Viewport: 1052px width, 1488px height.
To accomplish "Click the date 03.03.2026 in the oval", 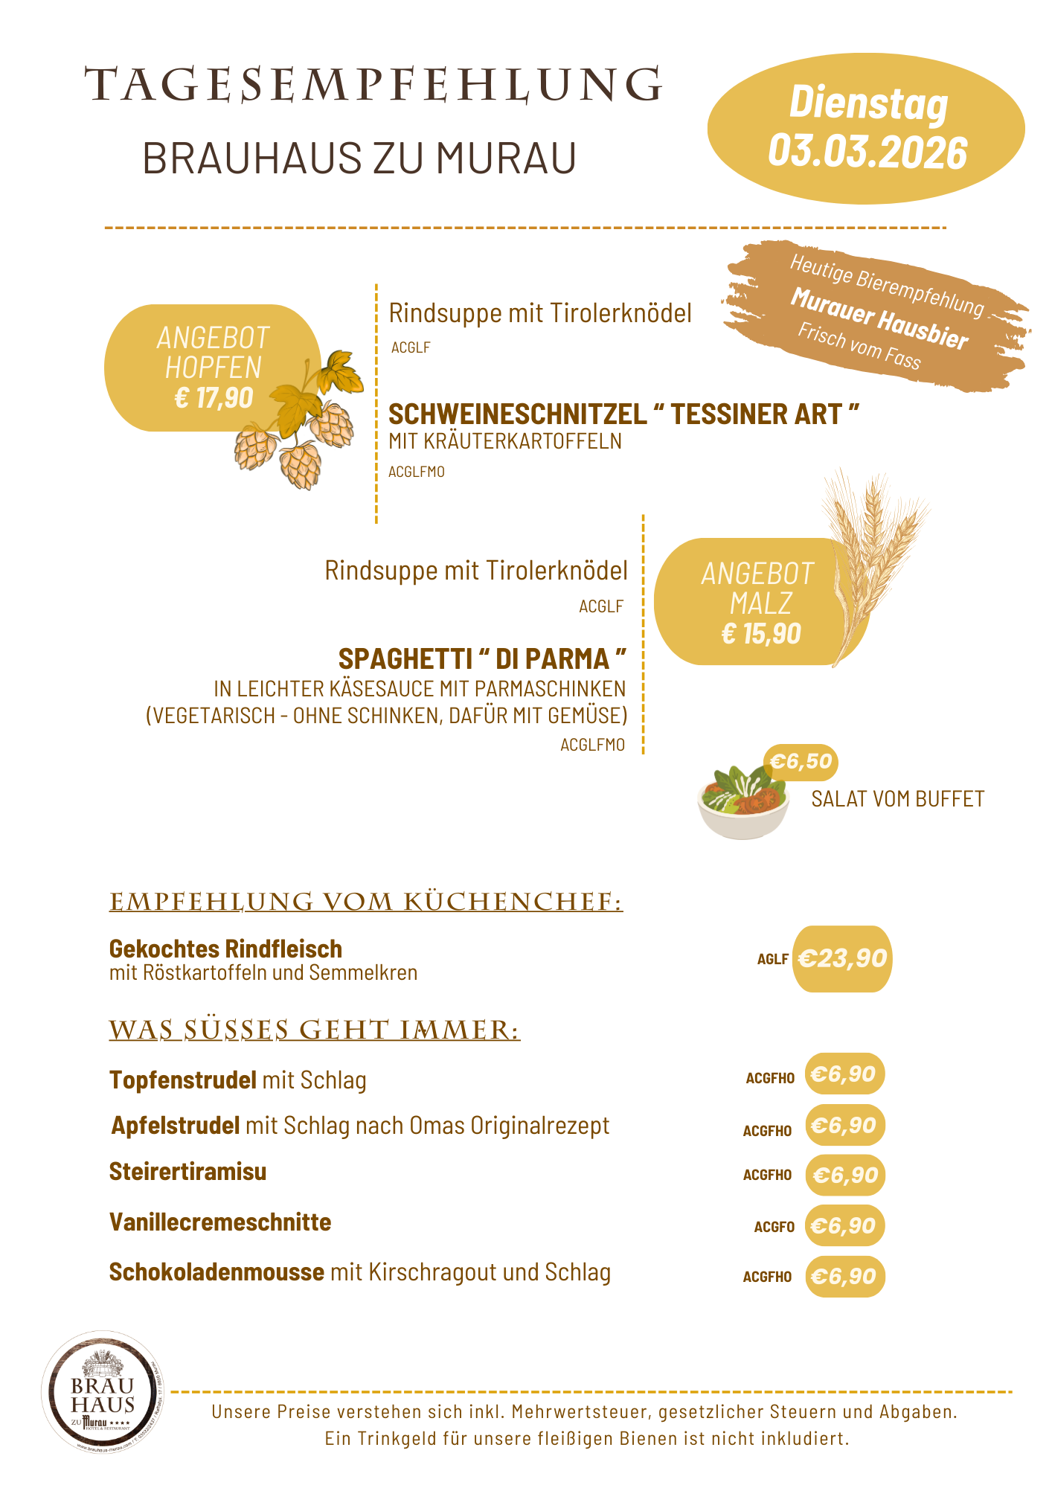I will pos(867,152).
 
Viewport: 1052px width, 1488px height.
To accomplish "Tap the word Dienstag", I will pos(868,102).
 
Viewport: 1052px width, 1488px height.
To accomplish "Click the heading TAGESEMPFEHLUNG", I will pos(373,85).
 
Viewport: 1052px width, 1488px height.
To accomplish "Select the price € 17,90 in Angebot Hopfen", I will pos(214,398).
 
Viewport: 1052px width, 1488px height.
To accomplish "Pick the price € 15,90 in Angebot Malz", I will pos(761,634).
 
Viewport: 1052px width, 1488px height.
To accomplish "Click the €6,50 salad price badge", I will pos(801,762).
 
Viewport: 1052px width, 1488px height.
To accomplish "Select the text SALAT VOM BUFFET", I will pos(897,799).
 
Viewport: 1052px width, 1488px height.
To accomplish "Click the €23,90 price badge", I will pos(842,958).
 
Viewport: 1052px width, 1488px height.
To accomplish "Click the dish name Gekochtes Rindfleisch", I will pos(225,949).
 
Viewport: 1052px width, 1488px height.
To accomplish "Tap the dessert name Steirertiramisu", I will pos(187,1172).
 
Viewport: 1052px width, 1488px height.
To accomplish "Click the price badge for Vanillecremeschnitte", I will pos(844,1225).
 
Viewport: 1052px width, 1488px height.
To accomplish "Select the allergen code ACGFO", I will pos(774,1227).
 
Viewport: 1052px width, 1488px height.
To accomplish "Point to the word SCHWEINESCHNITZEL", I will pos(518,414).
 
